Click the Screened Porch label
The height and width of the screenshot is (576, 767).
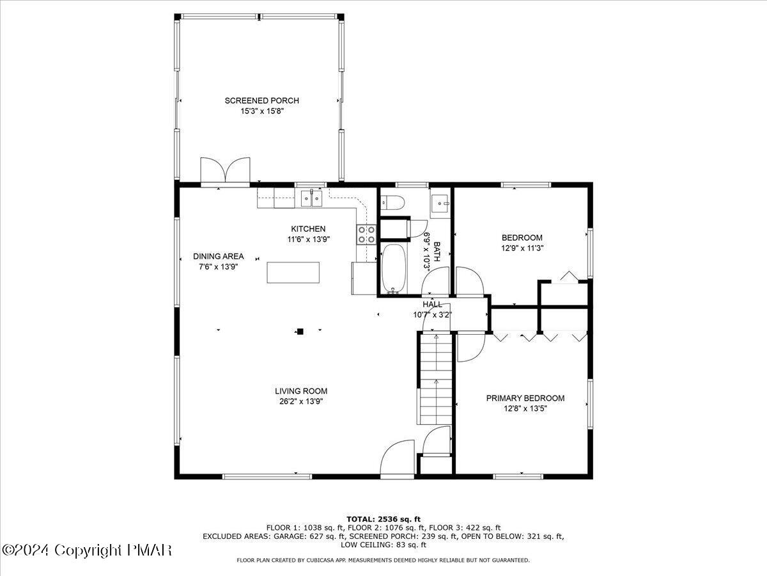(x=261, y=100)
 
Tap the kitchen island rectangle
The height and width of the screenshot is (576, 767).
(x=293, y=272)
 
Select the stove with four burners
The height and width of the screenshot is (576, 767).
(x=366, y=235)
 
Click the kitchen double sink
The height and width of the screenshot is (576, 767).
(x=311, y=198)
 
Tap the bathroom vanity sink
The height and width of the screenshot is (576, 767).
(x=440, y=204)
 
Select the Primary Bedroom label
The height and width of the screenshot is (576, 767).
(x=525, y=398)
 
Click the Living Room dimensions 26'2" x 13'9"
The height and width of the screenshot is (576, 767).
(x=301, y=402)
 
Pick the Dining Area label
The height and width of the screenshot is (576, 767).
(x=218, y=256)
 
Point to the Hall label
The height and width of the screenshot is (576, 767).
(x=433, y=305)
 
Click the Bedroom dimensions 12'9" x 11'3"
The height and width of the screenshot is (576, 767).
(x=522, y=248)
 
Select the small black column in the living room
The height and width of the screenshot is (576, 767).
(x=299, y=332)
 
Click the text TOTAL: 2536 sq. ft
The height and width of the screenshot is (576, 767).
(x=383, y=518)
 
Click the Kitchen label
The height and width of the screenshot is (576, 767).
(x=308, y=228)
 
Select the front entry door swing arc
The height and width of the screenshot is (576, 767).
(x=397, y=459)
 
